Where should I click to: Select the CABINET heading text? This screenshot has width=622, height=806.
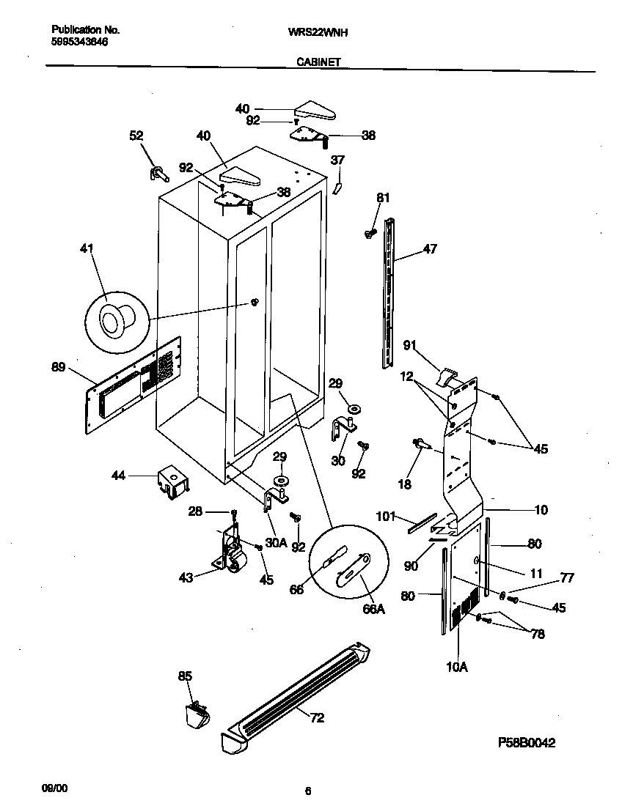(x=318, y=63)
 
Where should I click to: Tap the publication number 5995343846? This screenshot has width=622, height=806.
(x=80, y=42)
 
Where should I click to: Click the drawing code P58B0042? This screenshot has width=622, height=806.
(x=526, y=742)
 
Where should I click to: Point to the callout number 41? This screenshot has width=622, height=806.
(x=87, y=248)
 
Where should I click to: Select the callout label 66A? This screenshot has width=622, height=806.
(x=374, y=610)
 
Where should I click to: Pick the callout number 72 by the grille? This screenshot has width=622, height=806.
(x=317, y=717)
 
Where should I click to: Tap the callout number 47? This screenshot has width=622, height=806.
(x=430, y=249)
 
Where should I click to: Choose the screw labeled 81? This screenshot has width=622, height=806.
(x=369, y=233)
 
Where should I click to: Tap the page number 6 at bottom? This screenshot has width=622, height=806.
(x=309, y=791)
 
